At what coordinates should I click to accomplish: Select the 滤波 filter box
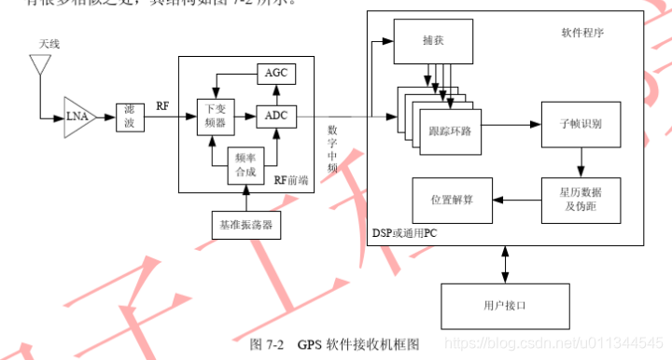pos(131,118)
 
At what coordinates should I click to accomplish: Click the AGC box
pos(275,72)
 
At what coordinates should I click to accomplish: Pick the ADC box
pos(275,116)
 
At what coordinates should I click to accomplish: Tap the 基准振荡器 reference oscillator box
pos(246,225)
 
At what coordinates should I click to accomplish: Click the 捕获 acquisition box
pos(432,42)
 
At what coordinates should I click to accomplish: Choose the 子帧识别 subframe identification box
pos(581,123)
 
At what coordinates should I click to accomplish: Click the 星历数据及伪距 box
pos(581,199)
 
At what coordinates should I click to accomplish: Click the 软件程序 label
pos(581,32)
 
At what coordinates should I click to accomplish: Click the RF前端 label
pos(292,180)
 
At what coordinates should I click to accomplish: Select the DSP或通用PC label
pos(404,232)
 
